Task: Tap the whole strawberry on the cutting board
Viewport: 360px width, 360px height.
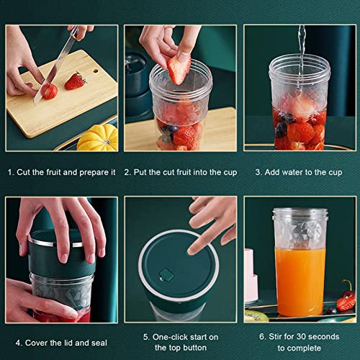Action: pyautogui.click(x=75, y=81)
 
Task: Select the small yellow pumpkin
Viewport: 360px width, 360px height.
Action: pyautogui.click(x=96, y=138)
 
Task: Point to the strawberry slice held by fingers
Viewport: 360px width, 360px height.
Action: pyautogui.click(x=179, y=70)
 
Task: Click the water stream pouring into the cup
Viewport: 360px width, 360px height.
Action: pyautogui.click(x=301, y=40)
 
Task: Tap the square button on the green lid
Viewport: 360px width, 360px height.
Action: pyautogui.click(x=166, y=274)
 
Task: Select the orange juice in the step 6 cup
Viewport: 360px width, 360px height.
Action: pyautogui.click(x=300, y=281)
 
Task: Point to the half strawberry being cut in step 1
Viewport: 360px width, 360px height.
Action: pyautogui.click(x=49, y=91)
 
